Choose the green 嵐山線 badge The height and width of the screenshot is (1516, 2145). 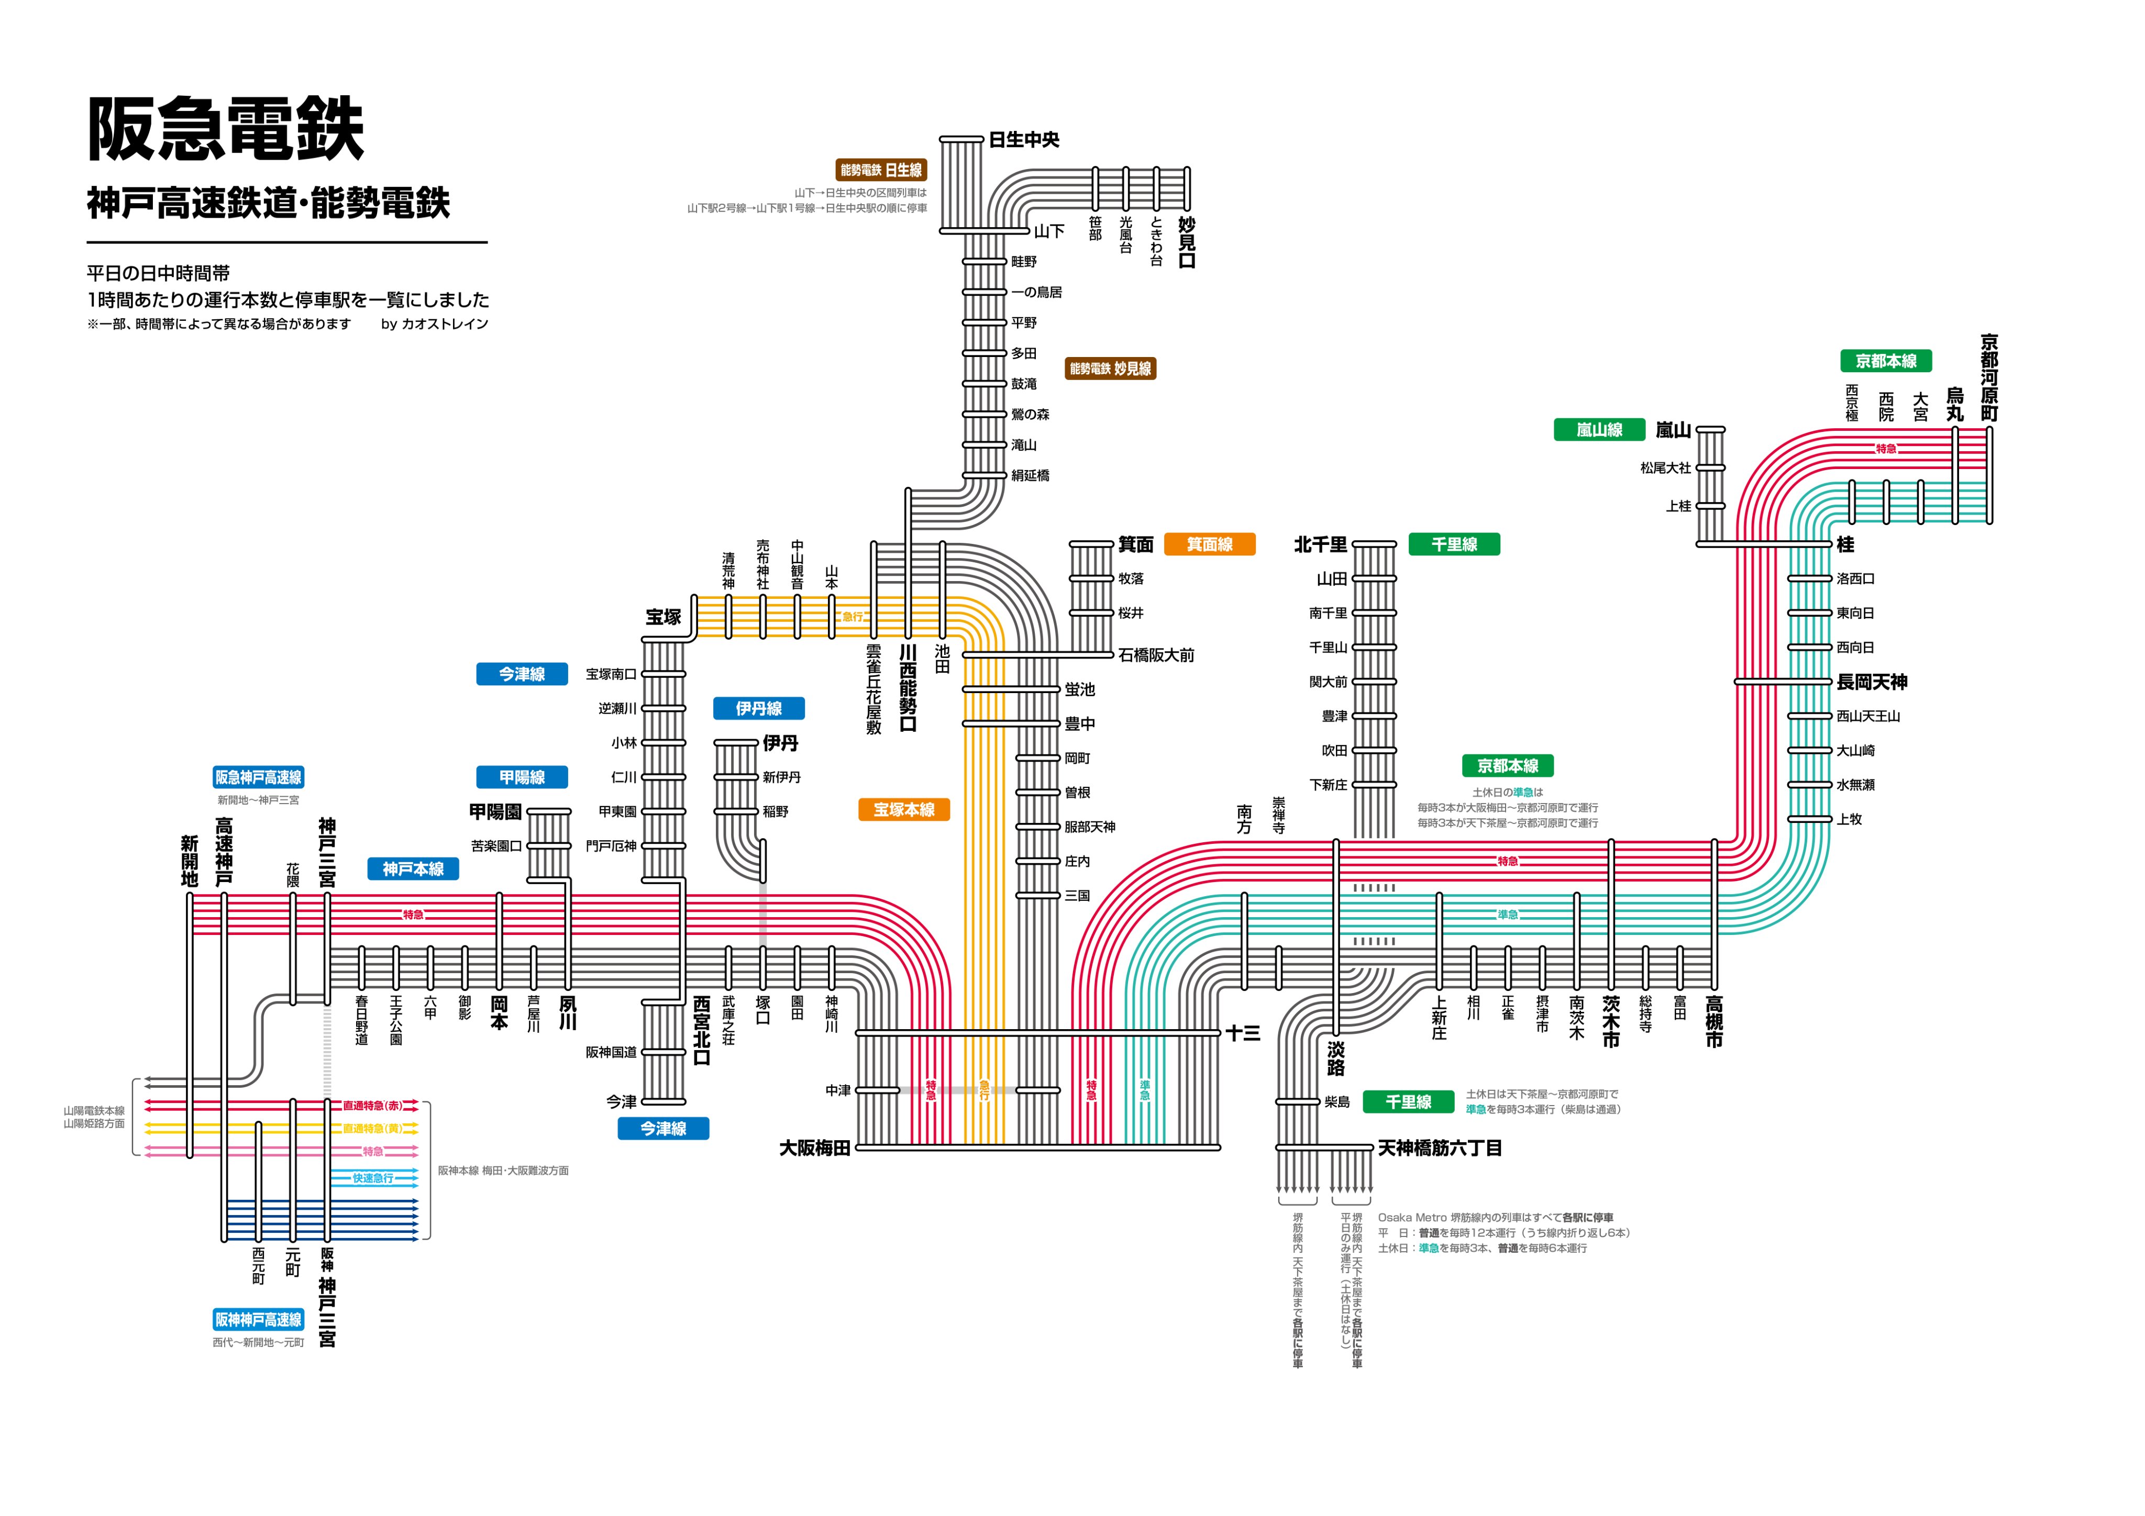click(x=1598, y=430)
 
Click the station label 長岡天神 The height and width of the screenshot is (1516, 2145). click(x=1871, y=683)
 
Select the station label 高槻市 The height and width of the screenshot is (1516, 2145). click(x=1713, y=1022)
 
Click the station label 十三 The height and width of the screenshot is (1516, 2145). click(x=1243, y=1033)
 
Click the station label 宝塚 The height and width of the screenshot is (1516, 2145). click(x=664, y=617)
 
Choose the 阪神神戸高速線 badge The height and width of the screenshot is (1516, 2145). click(x=258, y=1320)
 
